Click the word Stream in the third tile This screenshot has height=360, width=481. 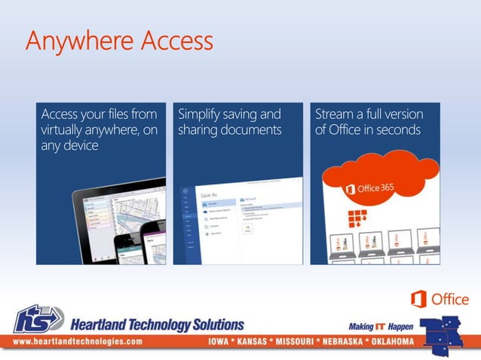335,114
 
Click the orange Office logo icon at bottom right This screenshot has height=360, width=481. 418,300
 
